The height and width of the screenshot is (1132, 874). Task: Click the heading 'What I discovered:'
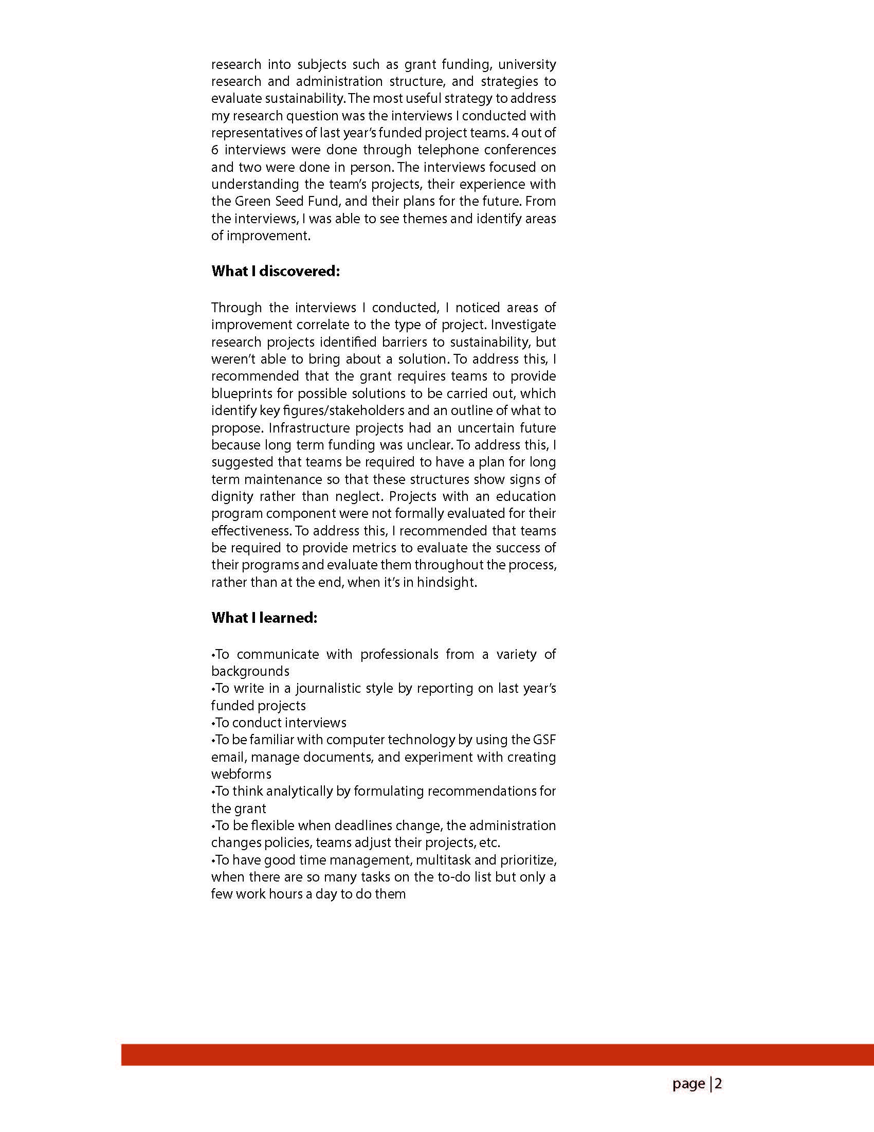pos(275,271)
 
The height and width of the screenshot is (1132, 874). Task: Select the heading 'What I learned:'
pos(264,618)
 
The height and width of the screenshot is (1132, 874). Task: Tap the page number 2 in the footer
pos(719,1083)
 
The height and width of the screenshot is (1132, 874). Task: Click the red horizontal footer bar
pos(497,1054)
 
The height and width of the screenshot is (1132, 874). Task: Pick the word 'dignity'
pos(231,496)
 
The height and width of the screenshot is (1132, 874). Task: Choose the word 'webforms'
pos(241,774)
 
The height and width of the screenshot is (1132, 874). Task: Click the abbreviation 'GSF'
pos(543,740)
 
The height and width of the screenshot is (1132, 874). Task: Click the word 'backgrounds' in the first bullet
pos(250,671)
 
